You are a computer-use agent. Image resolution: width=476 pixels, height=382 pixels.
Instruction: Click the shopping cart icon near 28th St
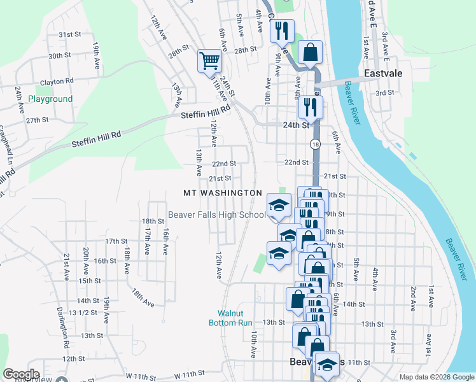(x=209, y=61)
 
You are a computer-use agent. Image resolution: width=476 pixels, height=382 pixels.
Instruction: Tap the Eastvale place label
(x=383, y=74)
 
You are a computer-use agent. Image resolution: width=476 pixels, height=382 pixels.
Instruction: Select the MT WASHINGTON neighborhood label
(x=222, y=192)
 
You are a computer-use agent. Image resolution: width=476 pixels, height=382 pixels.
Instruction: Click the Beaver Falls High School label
(x=216, y=215)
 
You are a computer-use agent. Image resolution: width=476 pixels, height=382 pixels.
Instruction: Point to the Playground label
(x=50, y=99)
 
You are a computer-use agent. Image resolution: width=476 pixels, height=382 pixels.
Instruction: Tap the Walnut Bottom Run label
(x=230, y=318)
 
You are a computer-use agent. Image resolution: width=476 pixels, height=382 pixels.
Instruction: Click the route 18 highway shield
(x=315, y=145)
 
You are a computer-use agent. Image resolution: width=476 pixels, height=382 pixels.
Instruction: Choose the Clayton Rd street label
(x=57, y=81)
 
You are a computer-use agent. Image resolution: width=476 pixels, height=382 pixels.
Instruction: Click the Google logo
(x=21, y=374)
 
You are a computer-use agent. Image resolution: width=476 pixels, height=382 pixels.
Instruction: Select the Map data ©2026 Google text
(x=435, y=377)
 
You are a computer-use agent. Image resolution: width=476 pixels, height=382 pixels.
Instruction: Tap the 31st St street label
(x=69, y=35)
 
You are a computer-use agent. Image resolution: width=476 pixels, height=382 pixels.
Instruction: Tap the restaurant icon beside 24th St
(x=311, y=106)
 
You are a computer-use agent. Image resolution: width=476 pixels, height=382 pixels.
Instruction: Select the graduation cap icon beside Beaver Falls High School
(x=278, y=205)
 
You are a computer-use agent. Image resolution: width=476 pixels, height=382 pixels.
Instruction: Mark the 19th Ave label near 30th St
(x=95, y=56)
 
